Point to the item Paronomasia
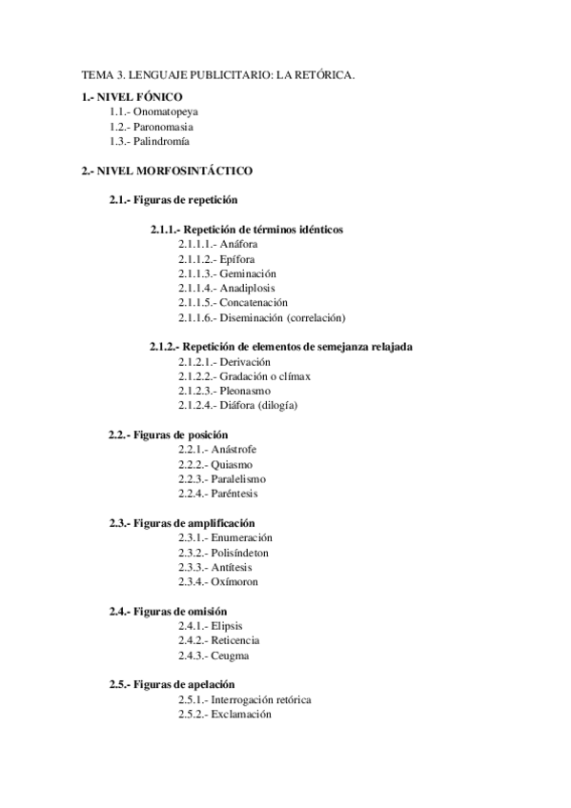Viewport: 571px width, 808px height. pyautogui.click(x=164, y=127)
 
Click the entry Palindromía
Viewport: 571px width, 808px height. pyautogui.click(x=161, y=142)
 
